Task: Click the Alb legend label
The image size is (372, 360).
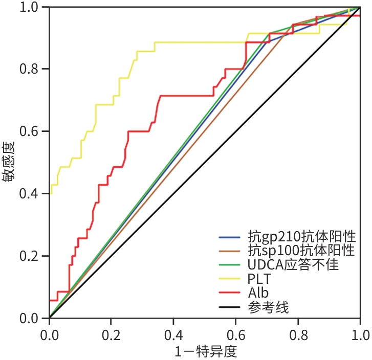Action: coord(258,293)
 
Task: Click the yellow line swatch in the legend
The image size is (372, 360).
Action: coord(230,279)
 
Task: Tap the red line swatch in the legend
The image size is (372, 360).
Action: coord(230,294)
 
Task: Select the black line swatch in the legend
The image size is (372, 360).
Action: coord(230,307)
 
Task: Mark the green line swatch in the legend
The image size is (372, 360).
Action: coord(230,265)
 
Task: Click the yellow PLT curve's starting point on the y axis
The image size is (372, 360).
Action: coord(50,193)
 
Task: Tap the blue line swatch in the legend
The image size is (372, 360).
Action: coord(230,237)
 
